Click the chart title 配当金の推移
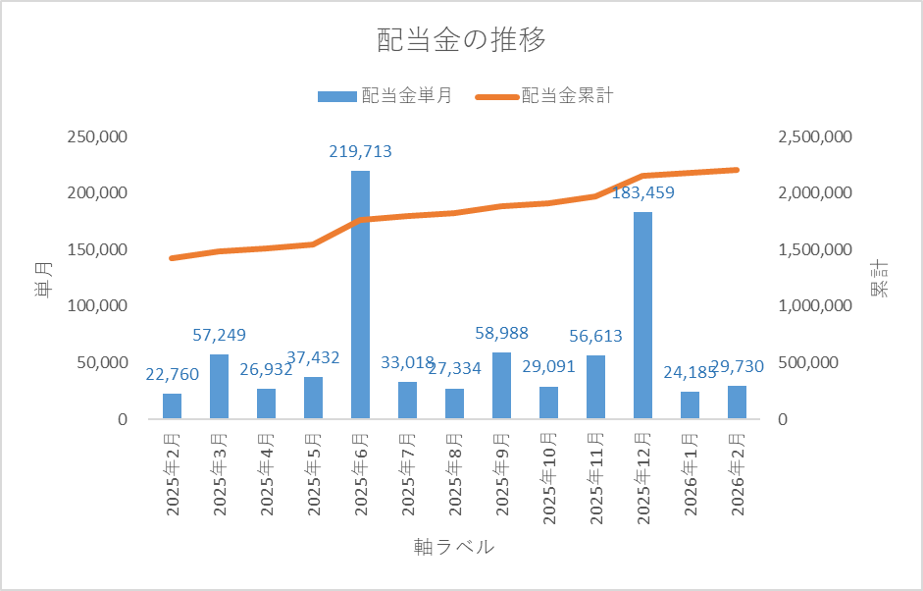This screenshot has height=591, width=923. [461, 40]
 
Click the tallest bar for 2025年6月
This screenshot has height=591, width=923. [360, 295]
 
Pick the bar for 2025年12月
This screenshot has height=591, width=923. [642, 314]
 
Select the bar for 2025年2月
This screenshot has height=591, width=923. [173, 406]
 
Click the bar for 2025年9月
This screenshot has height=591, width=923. [501, 386]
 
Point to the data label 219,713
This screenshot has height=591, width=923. [360, 151]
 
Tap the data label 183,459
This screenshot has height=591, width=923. [642, 192]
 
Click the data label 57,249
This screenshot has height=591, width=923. [219, 336]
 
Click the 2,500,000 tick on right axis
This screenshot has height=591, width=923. [814, 136]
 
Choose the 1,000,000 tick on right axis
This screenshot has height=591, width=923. [814, 306]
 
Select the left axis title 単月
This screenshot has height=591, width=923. [41, 278]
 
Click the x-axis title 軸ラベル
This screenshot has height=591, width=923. [454, 547]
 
